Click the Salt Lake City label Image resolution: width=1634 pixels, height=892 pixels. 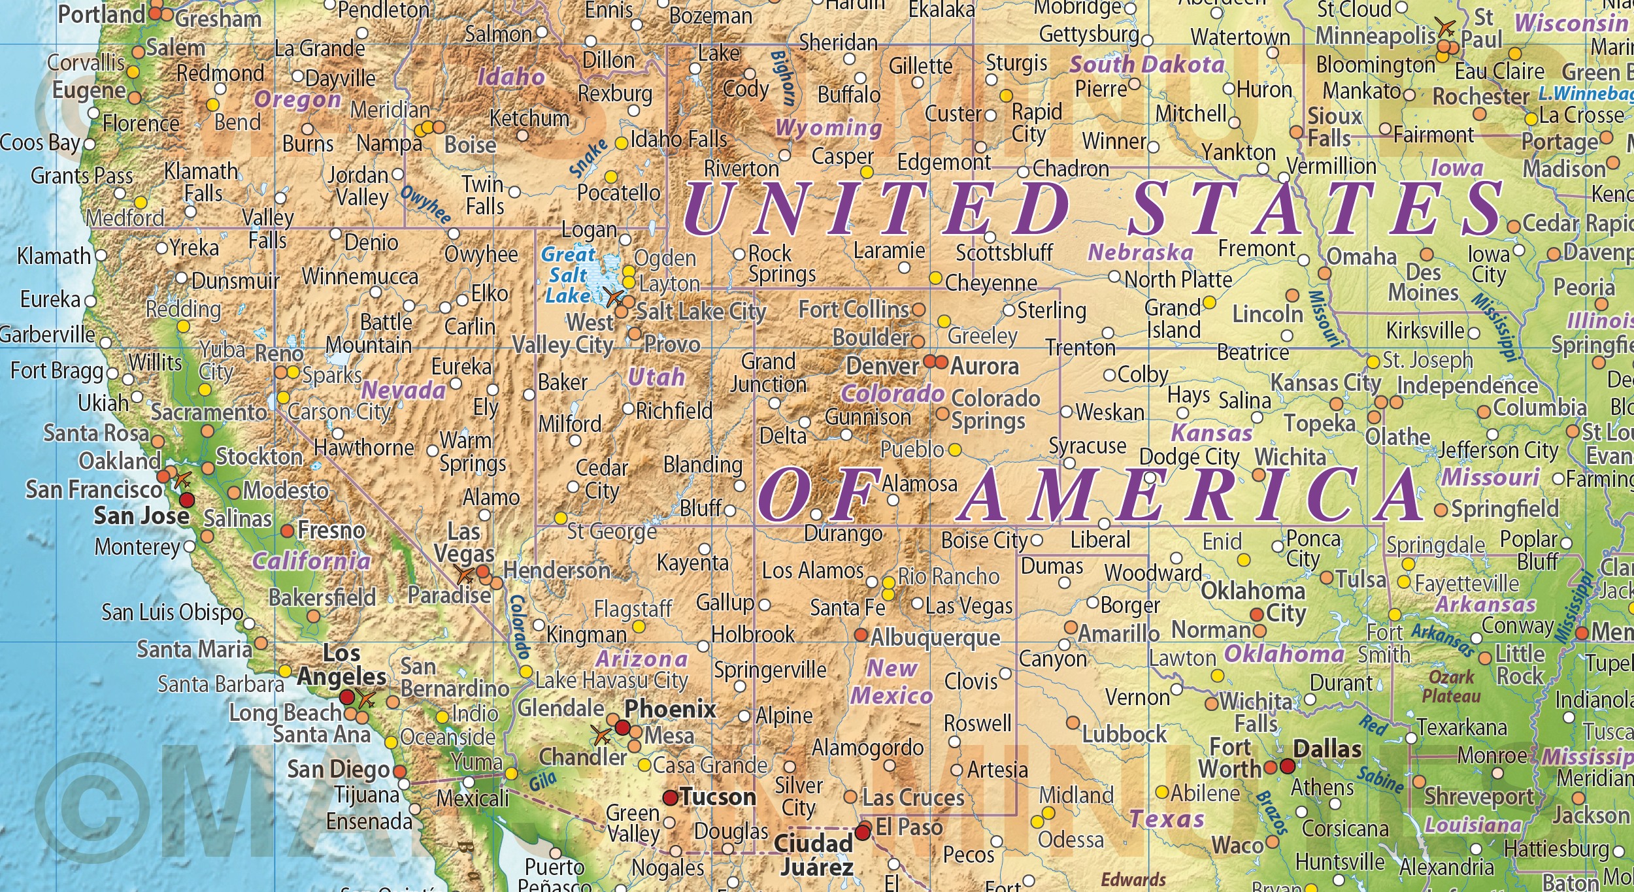[x=700, y=312]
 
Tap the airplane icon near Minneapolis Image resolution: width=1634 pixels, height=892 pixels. [x=1446, y=27]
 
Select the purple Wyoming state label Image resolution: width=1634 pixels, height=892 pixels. [x=828, y=127]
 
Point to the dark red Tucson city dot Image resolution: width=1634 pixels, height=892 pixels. [x=670, y=797]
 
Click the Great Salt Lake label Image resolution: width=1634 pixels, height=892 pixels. [x=569, y=275]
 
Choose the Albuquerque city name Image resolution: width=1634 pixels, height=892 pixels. [x=935, y=637]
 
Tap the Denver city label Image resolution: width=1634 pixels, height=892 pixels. [x=882, y=366]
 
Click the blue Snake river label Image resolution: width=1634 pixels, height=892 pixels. [x=588, y=159]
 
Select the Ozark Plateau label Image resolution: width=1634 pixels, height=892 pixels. [x=1451, y=686]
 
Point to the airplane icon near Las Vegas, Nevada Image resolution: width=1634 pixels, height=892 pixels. [x=465, y=575]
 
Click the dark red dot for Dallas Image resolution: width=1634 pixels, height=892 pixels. [x=1287, y=766]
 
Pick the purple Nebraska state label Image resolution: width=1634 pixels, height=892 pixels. [x=1140, y=252]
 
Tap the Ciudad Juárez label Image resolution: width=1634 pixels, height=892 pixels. [x=814, y=855]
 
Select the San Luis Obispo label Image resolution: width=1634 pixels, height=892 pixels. [x=173, y=612]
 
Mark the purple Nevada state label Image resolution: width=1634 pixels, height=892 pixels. [x=403, y=391]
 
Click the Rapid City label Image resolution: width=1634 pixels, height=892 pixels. [x=1036, y=123]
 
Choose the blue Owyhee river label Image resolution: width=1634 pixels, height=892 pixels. [x=425, y=205]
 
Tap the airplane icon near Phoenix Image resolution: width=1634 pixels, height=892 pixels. [x=600, y=735]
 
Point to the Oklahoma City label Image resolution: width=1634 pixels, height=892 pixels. [x=1253, y=602]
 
